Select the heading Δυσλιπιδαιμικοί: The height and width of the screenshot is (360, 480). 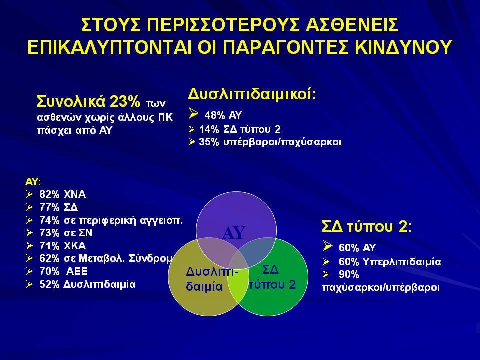coord(252,94)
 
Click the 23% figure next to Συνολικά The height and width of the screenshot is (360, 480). coord(125,101)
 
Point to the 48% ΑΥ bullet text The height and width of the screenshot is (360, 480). coord(223,115)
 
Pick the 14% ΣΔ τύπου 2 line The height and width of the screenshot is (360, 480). coord(240,129)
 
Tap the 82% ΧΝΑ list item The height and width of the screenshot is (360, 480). coord(63,194)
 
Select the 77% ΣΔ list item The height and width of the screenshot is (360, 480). coord(59,207)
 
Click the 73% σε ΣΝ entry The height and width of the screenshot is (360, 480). coord(66,233)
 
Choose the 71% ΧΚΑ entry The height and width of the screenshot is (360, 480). coord(63,246)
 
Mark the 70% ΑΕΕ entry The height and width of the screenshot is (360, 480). coord(63,271)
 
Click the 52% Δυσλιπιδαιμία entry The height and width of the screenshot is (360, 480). coord(87,284)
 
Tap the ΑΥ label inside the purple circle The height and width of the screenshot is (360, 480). coord(234,233)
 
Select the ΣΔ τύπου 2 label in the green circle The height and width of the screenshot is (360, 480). coord(272,277)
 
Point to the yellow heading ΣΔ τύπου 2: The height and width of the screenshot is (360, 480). coord(367,227)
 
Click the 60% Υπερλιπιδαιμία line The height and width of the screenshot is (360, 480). coord(390,262)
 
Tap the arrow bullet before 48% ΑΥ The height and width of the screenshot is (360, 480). coord(194,113)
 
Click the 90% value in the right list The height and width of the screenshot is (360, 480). coord(348,275)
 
